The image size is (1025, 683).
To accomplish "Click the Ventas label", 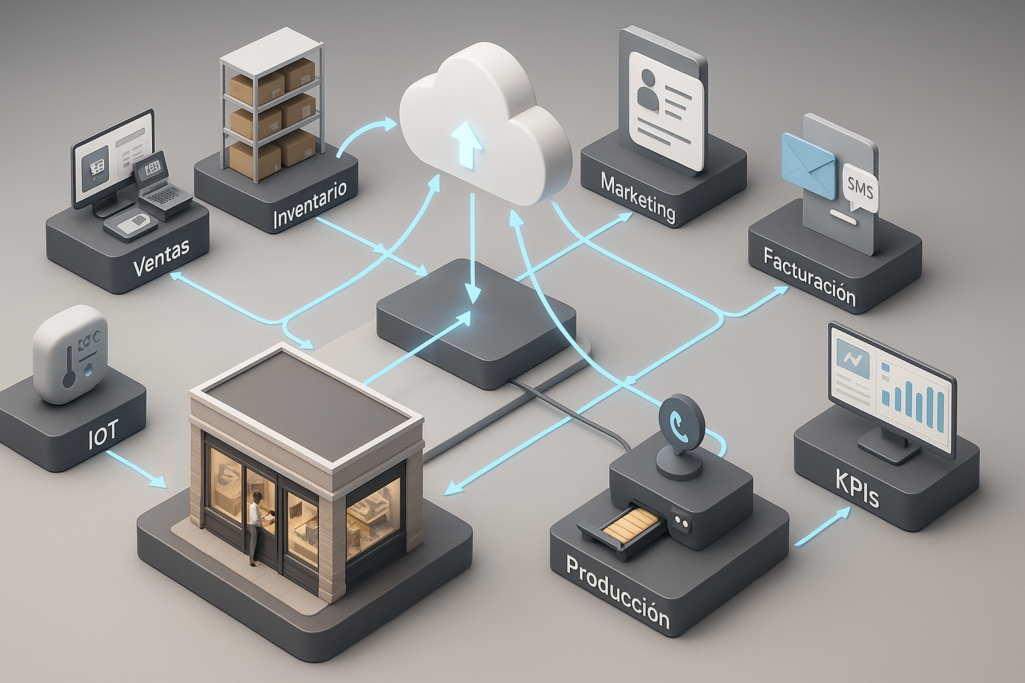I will (x=161, y=257).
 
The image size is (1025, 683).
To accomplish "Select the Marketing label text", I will (x=638, y=197).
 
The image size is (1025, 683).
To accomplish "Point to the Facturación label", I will (x=809, y=276).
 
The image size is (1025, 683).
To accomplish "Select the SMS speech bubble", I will (x=859, y=187).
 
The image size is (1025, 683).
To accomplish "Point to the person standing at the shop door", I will (x=255, y=527).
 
